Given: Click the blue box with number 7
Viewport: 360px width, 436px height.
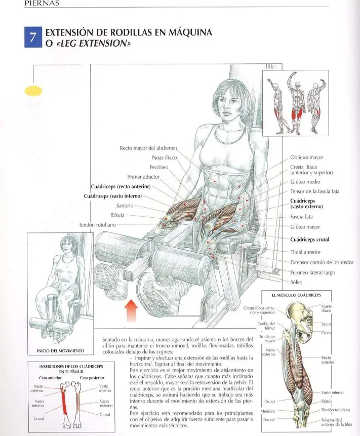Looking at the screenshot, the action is (33, 37).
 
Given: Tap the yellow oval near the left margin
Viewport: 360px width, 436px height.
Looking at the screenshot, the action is (33, 91).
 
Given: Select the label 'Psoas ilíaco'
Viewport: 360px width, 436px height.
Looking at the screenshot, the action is (164, 157).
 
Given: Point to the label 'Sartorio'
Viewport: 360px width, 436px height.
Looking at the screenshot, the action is (125, 206).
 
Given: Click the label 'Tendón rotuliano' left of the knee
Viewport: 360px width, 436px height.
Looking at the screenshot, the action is (97, 225).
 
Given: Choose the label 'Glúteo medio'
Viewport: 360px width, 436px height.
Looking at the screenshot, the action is (305, 182).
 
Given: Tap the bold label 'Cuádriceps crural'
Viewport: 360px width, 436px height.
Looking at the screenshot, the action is (310, 240).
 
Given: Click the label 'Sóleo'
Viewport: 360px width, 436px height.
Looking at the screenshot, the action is (296, 282).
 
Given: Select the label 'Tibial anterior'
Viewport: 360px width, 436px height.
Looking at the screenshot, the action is (305, 252).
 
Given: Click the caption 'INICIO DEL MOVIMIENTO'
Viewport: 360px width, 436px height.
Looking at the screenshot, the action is (60, 351).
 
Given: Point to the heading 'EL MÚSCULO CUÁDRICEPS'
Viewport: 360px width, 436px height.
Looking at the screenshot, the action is (296, 295).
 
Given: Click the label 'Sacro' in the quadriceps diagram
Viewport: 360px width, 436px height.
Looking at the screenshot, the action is (326, 324).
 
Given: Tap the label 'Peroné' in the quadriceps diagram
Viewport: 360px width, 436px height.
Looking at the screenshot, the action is (269, 420).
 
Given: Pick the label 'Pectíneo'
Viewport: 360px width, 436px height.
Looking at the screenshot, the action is (159, 167).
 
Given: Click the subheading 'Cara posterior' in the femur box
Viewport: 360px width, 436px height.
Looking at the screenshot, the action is (92, 378).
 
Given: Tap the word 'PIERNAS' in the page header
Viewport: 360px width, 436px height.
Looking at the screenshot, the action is (42, 4).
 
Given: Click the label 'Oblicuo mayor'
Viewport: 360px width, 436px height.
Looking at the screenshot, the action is (307, 157).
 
